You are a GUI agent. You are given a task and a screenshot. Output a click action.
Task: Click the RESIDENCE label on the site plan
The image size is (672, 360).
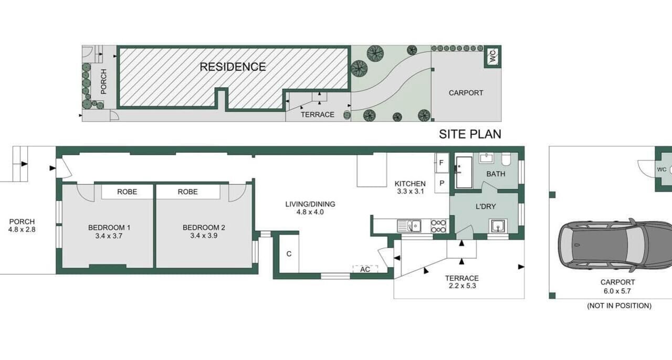point(233,67)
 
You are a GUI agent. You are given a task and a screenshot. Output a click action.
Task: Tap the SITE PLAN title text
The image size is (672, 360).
point(470,134)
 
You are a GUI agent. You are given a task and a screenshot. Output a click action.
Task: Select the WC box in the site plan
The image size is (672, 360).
point(492,56)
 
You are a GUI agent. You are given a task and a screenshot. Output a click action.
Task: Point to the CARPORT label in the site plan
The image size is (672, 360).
point(466,93)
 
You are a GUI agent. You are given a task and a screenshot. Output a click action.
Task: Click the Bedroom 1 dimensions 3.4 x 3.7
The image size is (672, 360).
point(109,236)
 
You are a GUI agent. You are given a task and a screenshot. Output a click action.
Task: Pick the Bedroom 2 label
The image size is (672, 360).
point(204,228)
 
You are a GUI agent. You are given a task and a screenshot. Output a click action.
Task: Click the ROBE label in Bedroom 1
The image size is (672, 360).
point(127,192)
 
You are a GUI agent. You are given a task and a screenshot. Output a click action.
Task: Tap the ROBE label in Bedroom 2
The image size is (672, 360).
point(188,192)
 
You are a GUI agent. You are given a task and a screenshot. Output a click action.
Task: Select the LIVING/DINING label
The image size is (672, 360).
point(310,204)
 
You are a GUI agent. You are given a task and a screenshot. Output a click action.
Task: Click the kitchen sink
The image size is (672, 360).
point(409,226)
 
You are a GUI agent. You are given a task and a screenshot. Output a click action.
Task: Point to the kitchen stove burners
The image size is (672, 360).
point(438,226)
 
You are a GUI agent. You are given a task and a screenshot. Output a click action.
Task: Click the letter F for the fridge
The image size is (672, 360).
point(442,163)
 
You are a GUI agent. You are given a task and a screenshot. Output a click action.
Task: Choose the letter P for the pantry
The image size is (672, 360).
point(442,183)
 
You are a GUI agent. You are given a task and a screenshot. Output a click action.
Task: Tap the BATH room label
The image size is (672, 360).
point(496,174)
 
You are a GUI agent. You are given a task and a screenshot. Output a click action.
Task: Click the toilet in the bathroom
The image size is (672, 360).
point(506,159)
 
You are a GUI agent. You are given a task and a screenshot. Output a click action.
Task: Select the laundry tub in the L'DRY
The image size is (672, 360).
point(498,226)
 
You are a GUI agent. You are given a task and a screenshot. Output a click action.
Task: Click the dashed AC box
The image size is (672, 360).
point(365,269)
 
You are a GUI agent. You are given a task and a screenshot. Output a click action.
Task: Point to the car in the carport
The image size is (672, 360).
point(615,245)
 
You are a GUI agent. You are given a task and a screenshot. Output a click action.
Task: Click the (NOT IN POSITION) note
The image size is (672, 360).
point(619,306)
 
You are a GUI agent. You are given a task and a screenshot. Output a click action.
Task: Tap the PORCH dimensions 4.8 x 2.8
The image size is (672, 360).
point(22,229)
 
